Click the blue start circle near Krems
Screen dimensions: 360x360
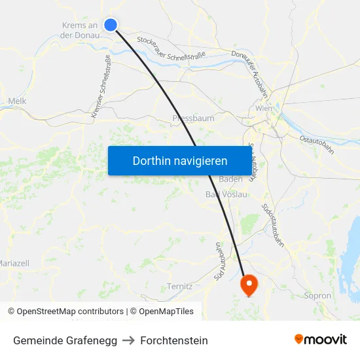pyautogui.click(x=111, y=25)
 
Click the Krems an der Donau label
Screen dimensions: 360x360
pyautogui.click(x=79, y=30)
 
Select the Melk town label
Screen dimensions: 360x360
pyautogui.click(x=17, y=101)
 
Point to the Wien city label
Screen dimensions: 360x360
pyautogui.click(x=264, y=109)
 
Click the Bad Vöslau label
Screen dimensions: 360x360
pyautogui.click(x=226, y=194)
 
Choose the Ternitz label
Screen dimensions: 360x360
pyautogui.click(x=179, y=286)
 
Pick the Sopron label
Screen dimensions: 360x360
pyautogui.click(x=318, y=296)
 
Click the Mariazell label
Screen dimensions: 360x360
pyautogui.click(x=14, y=263)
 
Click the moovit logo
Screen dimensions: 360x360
pyautogui.click(x=320, y=340)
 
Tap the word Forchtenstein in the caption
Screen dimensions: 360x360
pyautogui.click(x=174, y=340)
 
